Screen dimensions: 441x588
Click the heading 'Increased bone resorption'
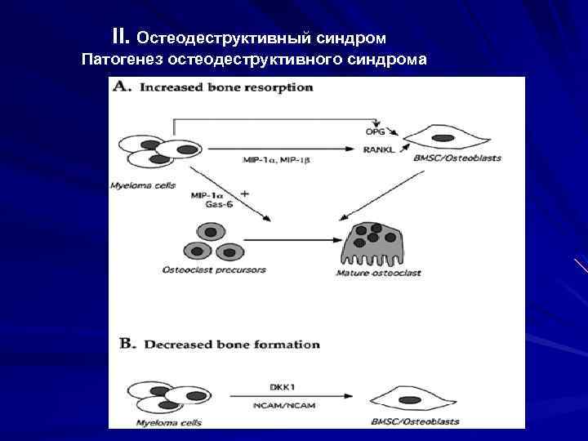pos(226,87)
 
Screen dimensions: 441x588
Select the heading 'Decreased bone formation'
pos(231,344)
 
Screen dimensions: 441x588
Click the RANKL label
pos(380,149)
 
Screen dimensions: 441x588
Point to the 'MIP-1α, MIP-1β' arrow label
pos(277,160)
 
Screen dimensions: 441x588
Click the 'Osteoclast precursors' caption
pos(214,269)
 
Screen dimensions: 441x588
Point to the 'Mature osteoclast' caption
pos(378,273)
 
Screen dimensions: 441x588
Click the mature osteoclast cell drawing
pos(376,242)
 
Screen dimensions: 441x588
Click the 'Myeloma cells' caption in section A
pos(142,185)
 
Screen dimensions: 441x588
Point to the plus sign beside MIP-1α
pos(245,194)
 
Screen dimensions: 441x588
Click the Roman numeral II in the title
pos(121,37)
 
